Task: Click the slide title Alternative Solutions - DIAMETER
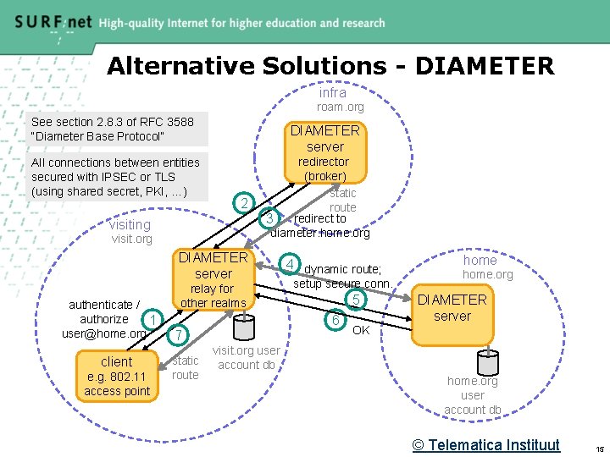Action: (330, 65)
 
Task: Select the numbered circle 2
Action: (244, 203)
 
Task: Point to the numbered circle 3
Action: (269, 218)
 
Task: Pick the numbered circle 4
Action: (290, 263)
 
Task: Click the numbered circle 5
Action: (357, 300)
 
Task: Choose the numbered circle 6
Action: (336, 320)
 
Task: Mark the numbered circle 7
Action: (178, 336)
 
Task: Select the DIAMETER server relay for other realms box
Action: (213, 279)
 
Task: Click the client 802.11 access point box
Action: (117, 376)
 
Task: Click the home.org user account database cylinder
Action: (487, 361)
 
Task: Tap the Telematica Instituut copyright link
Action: (486, 444)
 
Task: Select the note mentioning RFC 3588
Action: (112, 129)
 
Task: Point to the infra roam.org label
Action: (336, 100)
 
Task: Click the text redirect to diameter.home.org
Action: (320, 226)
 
